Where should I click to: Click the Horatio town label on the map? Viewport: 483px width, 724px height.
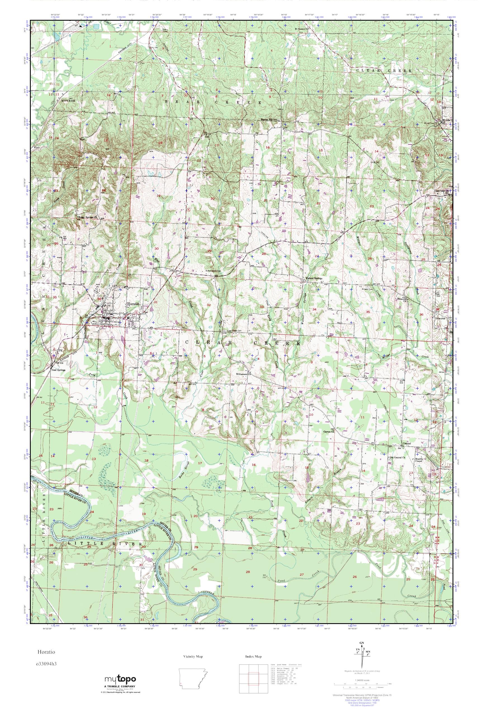(x=133, y=304)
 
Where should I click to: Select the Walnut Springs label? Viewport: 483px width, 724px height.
(x=313, y=278)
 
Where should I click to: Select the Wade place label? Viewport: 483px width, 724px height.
(x=37, y=144)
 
